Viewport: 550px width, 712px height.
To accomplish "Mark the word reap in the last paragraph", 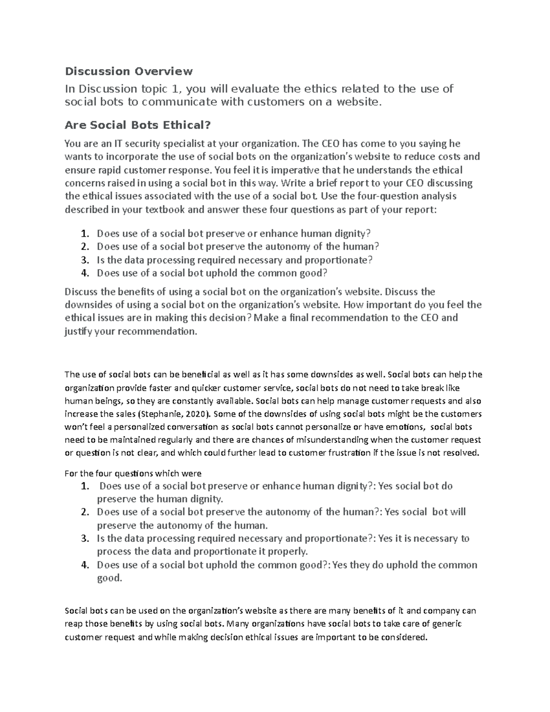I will coord(73,624).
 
